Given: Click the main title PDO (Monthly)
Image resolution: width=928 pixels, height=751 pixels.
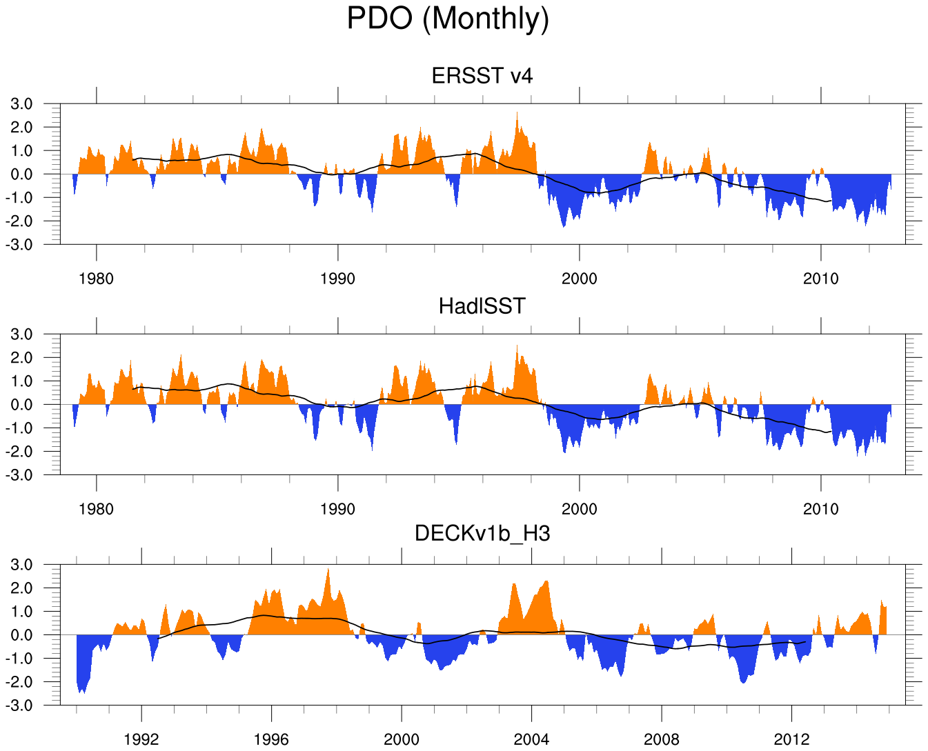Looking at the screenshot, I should [448, 19].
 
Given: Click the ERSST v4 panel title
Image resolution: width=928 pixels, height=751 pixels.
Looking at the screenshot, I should [482, 75].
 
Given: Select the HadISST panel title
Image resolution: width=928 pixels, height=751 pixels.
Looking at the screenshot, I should [482, 306].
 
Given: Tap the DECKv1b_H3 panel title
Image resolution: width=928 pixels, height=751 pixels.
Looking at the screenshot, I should [482, 533].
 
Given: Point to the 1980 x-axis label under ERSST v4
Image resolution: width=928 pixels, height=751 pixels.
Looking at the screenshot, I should [96, 279].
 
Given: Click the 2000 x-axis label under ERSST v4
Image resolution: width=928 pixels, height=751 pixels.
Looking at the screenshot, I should [580, 279].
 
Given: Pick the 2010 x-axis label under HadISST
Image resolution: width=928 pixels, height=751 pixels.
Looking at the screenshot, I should [821, 509].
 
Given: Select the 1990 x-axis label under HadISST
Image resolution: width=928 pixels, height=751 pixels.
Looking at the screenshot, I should [337, 509].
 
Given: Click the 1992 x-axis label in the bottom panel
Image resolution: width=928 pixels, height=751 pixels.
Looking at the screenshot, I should [141, 739].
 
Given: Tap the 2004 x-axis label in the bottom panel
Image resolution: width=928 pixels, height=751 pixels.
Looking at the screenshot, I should [531, 739].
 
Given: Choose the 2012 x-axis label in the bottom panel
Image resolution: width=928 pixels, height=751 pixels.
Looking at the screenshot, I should [791, 739].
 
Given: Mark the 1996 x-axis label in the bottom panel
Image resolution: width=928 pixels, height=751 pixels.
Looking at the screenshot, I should [271, 739].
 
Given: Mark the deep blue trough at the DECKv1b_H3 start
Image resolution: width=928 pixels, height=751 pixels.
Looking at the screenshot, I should [82, 688].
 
